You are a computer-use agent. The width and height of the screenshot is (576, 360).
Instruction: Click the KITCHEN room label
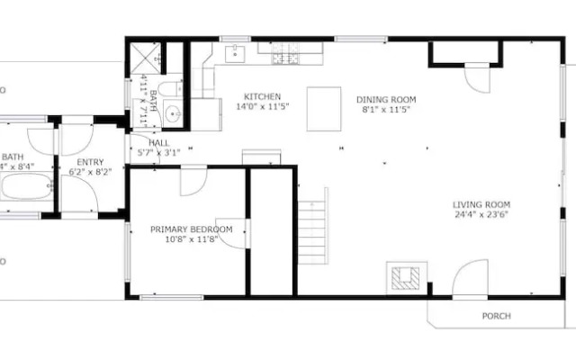click(x=262, y=96)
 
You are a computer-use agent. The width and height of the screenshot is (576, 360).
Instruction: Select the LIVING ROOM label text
click(x=481, y=204)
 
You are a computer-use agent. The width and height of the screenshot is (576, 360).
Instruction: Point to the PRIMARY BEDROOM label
click(x=191, y=230)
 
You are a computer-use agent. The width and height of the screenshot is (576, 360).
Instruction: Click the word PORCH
click(x=496, y=316)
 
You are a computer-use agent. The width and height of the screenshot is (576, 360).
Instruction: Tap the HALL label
click(x=158, y=142)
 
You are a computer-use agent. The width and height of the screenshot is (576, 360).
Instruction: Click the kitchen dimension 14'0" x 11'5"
click(x=262, y=107)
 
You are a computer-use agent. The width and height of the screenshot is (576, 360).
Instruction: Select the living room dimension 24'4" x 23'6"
click(x=481, y=215)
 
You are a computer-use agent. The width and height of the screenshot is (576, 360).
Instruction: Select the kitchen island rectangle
click(x=324, y=108)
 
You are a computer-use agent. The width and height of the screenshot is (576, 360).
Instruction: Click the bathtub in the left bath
click(x=27, y=189)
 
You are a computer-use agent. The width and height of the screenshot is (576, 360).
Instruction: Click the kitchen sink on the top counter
click(x=235, y=56)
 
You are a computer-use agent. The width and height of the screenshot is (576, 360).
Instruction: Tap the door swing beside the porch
click(x=469, y=280)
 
